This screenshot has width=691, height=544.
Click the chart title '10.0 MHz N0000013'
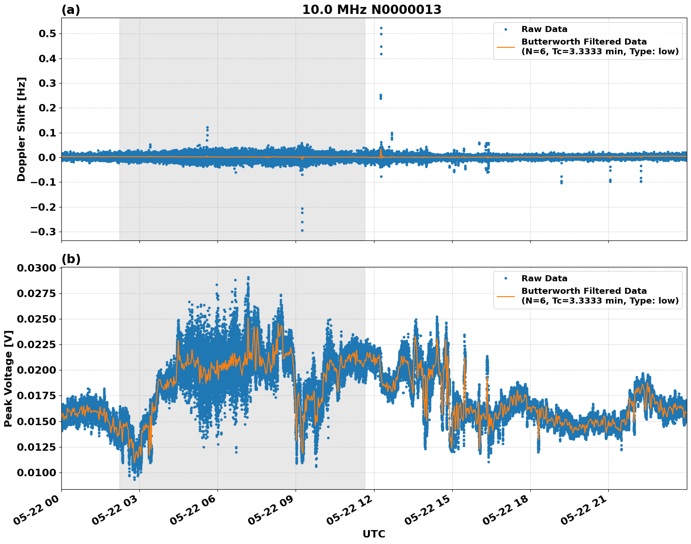pyautogui.click(x=371, y=10)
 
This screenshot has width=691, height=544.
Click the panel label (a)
pyautogui.click(x=71, y=10)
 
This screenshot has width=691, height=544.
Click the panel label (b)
pyautogui.click(x=71, y=259)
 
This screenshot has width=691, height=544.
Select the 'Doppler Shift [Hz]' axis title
pyautogui.click(x=21, y=129)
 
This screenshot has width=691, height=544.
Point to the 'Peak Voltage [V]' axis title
pyautogui.click(x=8, y=378)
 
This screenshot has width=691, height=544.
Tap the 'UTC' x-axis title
pyautogui.click(x=374, y=534)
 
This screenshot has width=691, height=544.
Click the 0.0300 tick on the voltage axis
pyautogui.click(x=36, y=268)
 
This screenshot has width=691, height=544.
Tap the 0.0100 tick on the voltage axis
pyautogui.click(x=36, y=473)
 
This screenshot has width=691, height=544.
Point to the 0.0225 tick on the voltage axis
pyautogui.click(x=36, y=345)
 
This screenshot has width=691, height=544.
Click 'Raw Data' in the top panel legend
pyautogui.click(x=544, y=29)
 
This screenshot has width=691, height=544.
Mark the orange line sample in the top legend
pyautogui.click(x=506, y=47)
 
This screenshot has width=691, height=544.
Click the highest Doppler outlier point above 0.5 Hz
pyautogui.click(x=381, y=28)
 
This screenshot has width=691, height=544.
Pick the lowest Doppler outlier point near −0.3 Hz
pyautogui.click(x=302, y=230)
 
